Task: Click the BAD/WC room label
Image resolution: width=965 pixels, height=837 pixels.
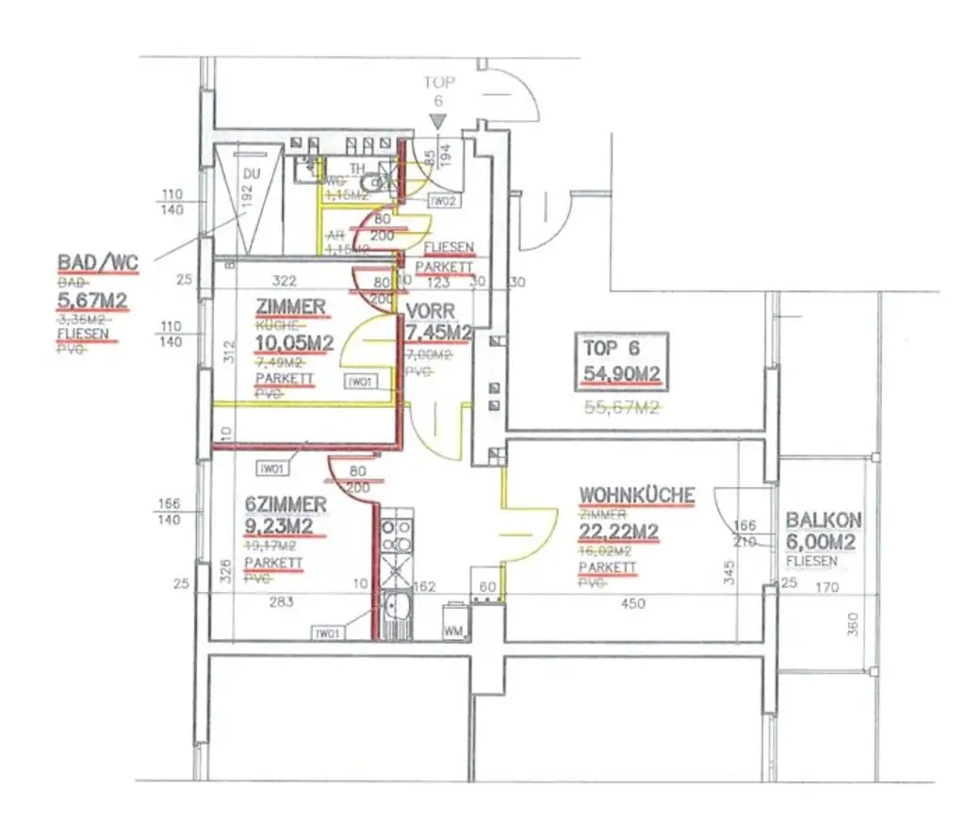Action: pyautogui.click(x=97, y=263)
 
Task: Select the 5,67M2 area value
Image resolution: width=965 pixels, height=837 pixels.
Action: pyautogui.click(x=92, y=302)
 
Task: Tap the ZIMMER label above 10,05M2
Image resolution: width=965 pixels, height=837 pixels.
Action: pyautogui.click(x=290, y=306)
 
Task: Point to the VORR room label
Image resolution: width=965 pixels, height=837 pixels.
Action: pyautogui.click(x=431, y=311)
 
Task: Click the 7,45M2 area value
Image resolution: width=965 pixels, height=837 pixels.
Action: pyautogui.click(x=438, y=332)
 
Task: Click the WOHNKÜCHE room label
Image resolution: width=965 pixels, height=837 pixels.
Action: pyautogui.click(x=637, y=496)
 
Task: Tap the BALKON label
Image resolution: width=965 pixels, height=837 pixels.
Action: pyautogui.click(x=824, y=520)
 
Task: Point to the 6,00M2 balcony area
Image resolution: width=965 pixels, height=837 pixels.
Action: pyautogui.click(x=820, y=542)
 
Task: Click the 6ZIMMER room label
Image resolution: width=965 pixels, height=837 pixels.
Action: pyautogui.click(x=286, y=505)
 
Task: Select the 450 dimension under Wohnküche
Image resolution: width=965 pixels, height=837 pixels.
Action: pyautogui.click(x=633, y=603)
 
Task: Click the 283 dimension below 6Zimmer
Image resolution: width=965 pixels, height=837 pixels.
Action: pyautogui.click(x=281, y=603)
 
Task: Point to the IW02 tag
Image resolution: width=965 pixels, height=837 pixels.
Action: pyautogui.click(x=443, y=201)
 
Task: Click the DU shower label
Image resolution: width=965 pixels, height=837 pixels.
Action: pyautogui.click(x=251, y=174)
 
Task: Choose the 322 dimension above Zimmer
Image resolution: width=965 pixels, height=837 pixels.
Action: pyautogui.click(x=285, y=281)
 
